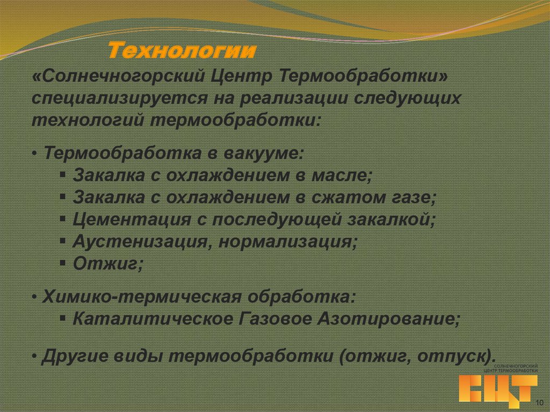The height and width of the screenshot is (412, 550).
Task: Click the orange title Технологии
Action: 182,52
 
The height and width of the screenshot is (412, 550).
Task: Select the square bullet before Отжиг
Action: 63,263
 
